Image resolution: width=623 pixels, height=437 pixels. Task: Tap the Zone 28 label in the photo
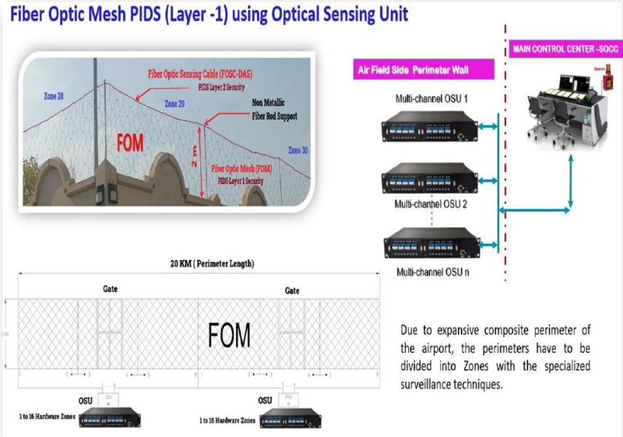(54, 94)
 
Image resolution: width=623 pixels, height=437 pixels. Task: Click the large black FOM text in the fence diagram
(229, 336)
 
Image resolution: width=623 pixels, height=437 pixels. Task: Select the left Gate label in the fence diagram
(110, 288)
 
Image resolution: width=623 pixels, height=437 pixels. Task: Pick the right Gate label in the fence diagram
(292, 289)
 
